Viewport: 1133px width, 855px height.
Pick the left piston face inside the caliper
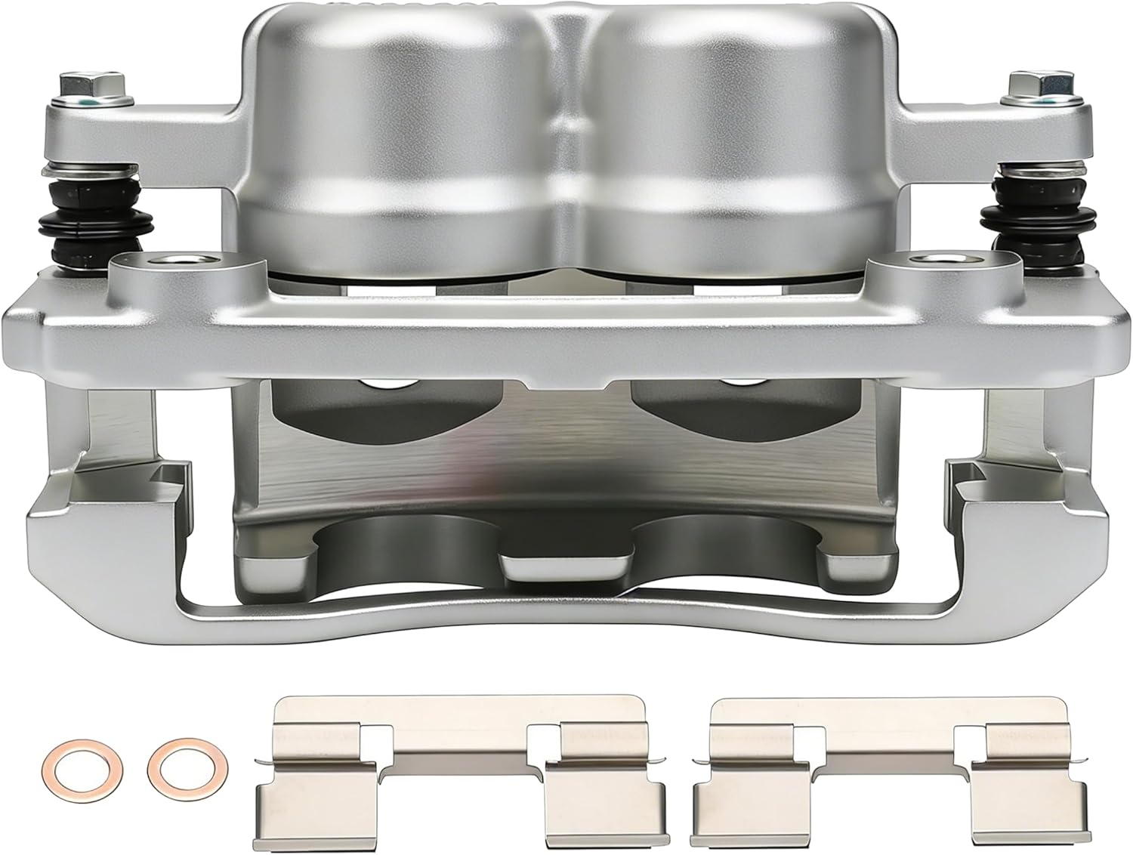coord(385,408)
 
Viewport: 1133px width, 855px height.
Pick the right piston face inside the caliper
coord(740,408)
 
